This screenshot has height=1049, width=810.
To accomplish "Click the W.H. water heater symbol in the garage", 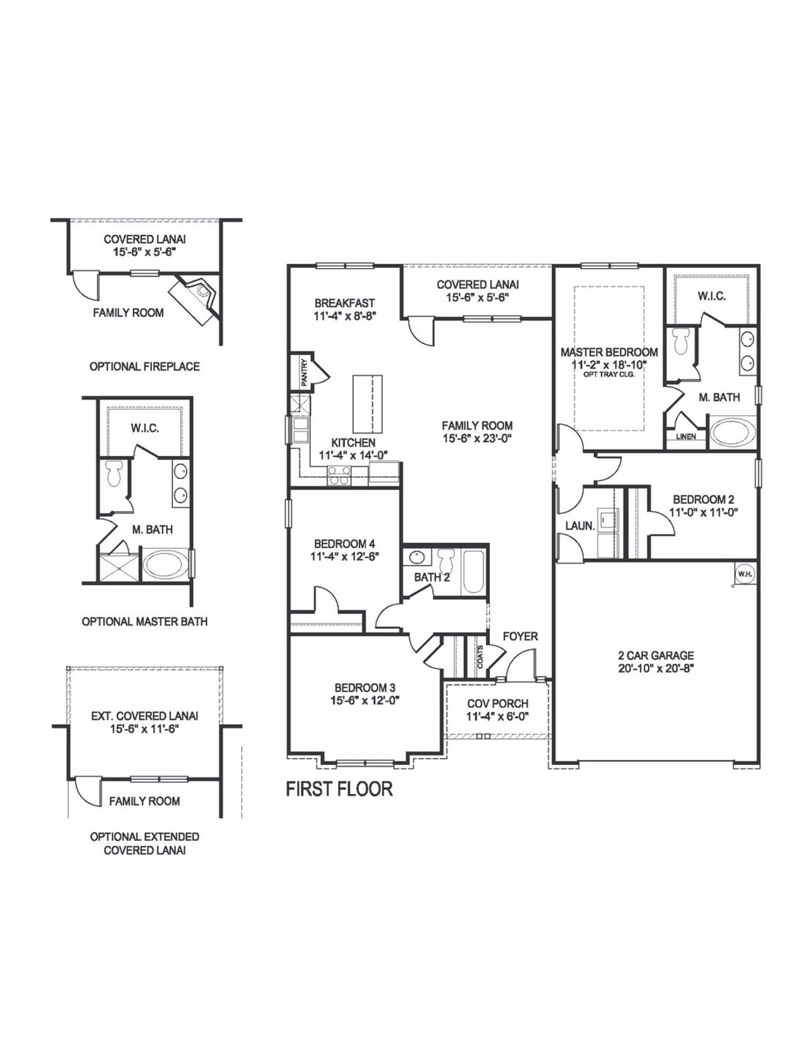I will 744,574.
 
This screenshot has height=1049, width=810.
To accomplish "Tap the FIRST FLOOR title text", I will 339,789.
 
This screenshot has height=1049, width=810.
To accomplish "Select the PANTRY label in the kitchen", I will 304,373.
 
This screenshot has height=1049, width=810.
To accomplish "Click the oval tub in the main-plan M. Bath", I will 732,432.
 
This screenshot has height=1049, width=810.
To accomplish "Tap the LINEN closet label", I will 686,437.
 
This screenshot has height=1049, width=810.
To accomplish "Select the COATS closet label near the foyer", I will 480,657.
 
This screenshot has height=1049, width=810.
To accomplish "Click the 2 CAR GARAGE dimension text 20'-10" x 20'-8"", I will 656,668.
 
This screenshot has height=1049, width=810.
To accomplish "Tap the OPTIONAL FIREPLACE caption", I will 144,366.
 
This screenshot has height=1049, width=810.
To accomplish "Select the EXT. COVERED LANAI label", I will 144,716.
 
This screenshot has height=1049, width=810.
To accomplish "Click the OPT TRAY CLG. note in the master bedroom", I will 609,374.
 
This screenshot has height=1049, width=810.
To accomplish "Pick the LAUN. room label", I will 580,526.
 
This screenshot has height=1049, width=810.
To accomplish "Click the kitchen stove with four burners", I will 339,475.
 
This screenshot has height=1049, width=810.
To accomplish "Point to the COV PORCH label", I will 497,704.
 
